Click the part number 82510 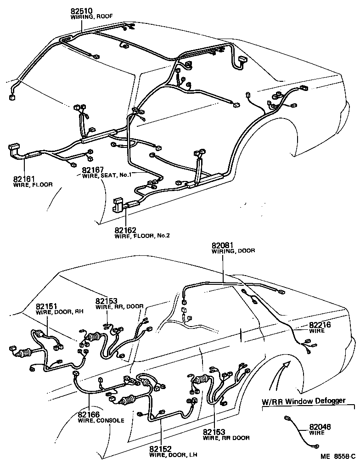pyautogui.click(x=82, y=11)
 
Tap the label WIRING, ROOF pyautogui.click(x=91, y=17)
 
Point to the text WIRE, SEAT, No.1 pyautogui.click(x=107, y=175)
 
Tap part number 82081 pyautogui.click(x=223, y=245)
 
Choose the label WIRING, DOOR pyautogui.click(x=233, y=251)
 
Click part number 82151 pyautogui.click(x=47, y=306)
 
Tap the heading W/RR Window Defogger pyautogui.click(x=303, y=401)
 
